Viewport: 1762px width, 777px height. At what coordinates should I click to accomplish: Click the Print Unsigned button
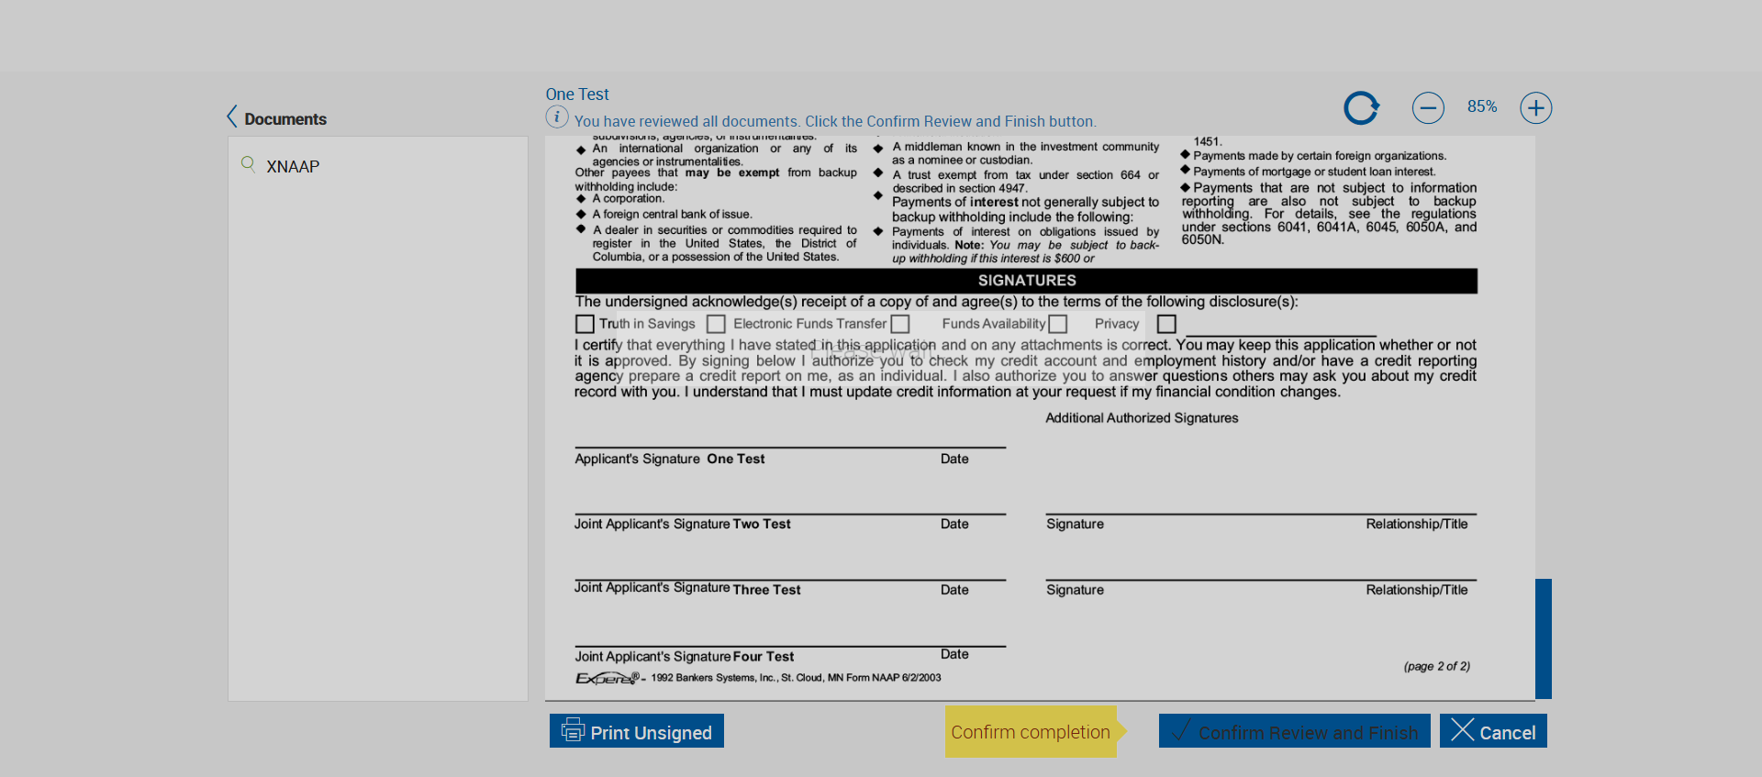pos(637,731)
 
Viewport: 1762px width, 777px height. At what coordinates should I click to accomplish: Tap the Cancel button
pos(1493,731)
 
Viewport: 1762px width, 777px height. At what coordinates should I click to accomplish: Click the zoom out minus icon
pos(1428,108)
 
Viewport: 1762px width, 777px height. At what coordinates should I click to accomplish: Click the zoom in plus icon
pos(1535,108)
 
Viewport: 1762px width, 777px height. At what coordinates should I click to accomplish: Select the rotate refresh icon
pos(1361,108)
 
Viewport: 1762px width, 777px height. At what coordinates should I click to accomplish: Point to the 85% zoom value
pos(1481,106)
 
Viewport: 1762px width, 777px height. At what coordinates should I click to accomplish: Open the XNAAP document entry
pos(293,167)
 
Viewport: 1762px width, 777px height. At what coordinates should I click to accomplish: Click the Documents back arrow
pos(232,117)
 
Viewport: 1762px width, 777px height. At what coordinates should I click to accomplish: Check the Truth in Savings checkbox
pos(585,324)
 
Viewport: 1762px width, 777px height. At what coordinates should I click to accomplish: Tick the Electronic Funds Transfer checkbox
pos(716,324)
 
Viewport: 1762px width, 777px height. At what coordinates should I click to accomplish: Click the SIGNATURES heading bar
pos(1026,281)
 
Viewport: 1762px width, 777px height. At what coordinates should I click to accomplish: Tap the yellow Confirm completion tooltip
pos(1031,732)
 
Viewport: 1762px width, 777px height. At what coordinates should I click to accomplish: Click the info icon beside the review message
pos(556,117)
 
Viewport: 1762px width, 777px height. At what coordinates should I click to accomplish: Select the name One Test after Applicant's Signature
pos(735,459)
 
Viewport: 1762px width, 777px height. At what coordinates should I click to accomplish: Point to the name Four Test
pos(763,657)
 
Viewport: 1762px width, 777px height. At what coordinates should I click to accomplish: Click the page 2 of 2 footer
pos(1436,667)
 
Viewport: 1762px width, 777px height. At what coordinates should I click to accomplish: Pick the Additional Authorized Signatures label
pos(1142,418)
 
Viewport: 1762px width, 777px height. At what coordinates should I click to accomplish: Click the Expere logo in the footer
pos(607,678)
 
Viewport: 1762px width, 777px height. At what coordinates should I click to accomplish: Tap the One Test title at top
pos(576,94)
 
